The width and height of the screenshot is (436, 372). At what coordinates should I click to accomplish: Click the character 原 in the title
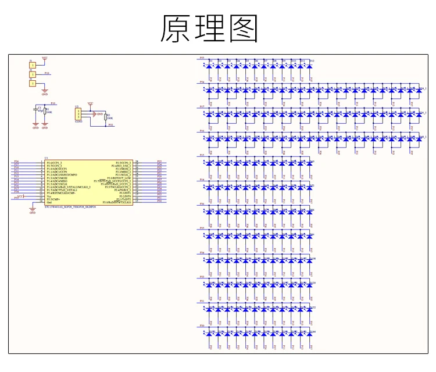coord(177,28)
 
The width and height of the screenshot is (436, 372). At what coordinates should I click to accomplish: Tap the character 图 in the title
coord(243,28)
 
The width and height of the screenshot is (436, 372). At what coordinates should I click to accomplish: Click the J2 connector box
coord(33,74)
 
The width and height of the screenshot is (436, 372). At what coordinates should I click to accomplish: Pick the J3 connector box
coord(33,84)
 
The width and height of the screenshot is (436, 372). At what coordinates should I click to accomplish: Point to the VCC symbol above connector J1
coord(44,58)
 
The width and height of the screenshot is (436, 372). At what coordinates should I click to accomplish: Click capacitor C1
coord(36,109)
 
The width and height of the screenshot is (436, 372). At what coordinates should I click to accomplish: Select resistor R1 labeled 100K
coord(45,111)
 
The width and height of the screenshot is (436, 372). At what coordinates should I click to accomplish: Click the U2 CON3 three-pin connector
coord(78,115)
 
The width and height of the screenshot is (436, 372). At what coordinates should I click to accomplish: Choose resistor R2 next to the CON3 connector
coord(105,116)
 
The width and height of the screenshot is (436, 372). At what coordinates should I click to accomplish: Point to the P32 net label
coord(111,125)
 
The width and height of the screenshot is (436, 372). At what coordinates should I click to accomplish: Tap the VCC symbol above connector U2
coord(90,103)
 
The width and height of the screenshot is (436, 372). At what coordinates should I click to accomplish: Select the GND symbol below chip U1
coord(32,213)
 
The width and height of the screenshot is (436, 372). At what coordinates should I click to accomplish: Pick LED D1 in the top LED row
coord(210,65)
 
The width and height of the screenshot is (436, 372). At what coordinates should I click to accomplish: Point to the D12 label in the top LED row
coord(312,60)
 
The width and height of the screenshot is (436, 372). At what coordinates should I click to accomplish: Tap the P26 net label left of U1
coord(16,162)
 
